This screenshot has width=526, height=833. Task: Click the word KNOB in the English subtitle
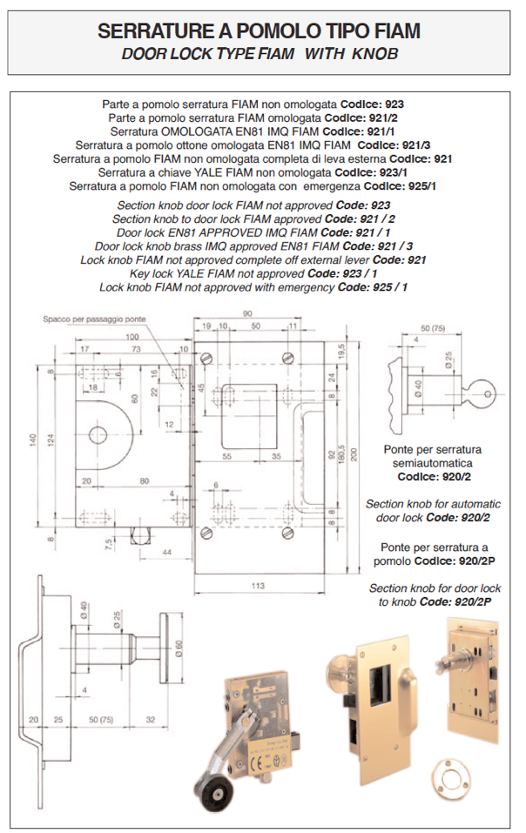click(x=376, y=53)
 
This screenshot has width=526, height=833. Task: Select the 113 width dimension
click(x=259, y=587)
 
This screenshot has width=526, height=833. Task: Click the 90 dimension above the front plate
click(x=248, y=313)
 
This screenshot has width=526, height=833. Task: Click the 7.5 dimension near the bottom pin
click(x=108, y=546)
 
